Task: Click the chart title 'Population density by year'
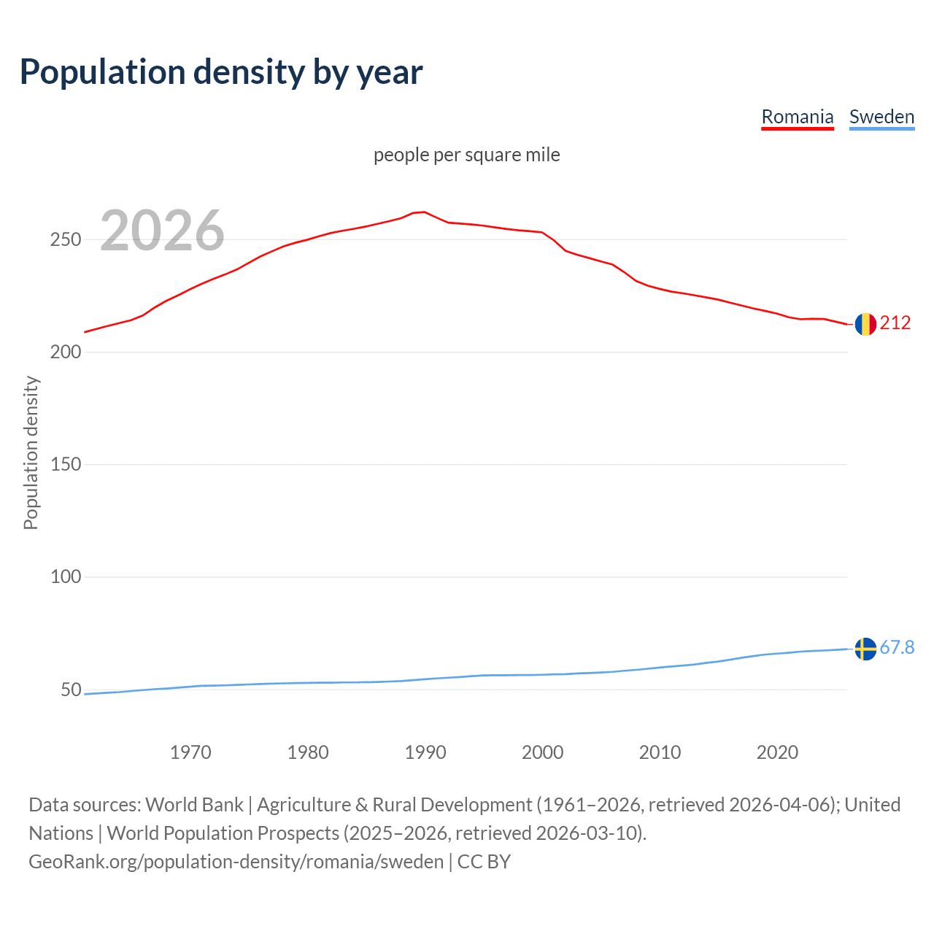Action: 221,72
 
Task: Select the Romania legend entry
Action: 797,117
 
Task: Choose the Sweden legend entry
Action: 881,117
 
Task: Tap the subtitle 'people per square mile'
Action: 467,155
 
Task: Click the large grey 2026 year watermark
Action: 162,231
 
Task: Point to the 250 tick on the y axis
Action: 65,240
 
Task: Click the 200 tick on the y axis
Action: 65,352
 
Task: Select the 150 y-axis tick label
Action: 65,465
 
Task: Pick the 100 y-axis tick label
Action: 65,577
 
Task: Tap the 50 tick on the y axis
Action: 70,690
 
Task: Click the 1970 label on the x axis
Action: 190,752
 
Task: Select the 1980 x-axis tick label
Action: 308,752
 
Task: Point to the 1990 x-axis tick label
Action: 425,752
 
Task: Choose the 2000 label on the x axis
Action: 542,752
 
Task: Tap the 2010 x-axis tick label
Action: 660,752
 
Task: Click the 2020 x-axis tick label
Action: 777,752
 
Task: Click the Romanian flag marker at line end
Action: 865,323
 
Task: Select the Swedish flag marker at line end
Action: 865,648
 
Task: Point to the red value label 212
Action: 895,323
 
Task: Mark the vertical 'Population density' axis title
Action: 31,452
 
